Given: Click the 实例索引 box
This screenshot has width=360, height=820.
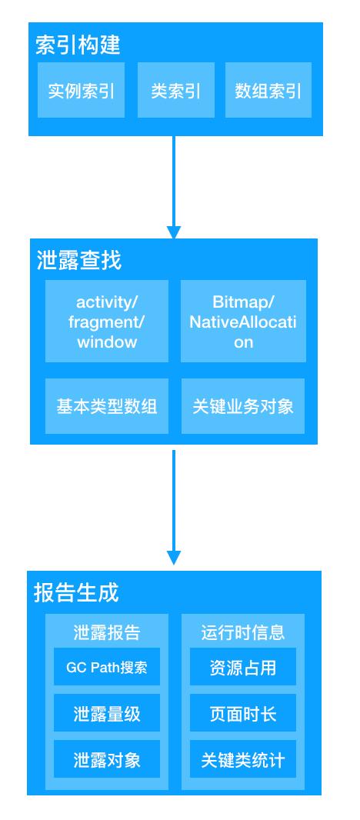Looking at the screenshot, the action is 81,90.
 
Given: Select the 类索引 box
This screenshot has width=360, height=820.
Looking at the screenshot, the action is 176,90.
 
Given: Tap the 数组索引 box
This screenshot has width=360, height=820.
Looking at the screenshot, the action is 268,90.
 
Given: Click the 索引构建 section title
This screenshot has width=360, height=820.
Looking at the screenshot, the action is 78,45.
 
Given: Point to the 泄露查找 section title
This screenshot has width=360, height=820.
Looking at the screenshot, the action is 79,260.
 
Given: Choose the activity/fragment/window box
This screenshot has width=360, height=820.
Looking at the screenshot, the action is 107,321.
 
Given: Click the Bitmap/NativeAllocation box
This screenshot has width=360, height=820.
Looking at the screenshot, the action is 243,321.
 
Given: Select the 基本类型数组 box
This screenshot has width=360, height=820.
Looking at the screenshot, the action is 107,406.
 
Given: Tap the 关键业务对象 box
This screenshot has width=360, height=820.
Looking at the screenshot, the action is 243,406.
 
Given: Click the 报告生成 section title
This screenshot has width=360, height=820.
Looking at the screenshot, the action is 76,593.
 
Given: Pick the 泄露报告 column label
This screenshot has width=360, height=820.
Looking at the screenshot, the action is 107,632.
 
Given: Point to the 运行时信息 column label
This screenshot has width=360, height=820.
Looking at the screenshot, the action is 243,632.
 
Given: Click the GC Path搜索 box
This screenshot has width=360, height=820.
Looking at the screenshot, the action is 107,667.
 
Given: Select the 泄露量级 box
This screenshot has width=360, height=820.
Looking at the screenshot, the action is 107,713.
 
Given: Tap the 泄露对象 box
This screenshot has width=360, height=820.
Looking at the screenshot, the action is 107,758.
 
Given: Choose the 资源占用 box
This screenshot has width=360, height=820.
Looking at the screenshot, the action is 243,667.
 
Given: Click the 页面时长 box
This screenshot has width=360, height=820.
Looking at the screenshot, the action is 243,713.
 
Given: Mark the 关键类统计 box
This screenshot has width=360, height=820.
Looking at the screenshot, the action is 243,758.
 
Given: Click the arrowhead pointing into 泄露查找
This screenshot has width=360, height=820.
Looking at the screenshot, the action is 174,233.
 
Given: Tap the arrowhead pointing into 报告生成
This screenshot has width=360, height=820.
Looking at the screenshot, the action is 174,558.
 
